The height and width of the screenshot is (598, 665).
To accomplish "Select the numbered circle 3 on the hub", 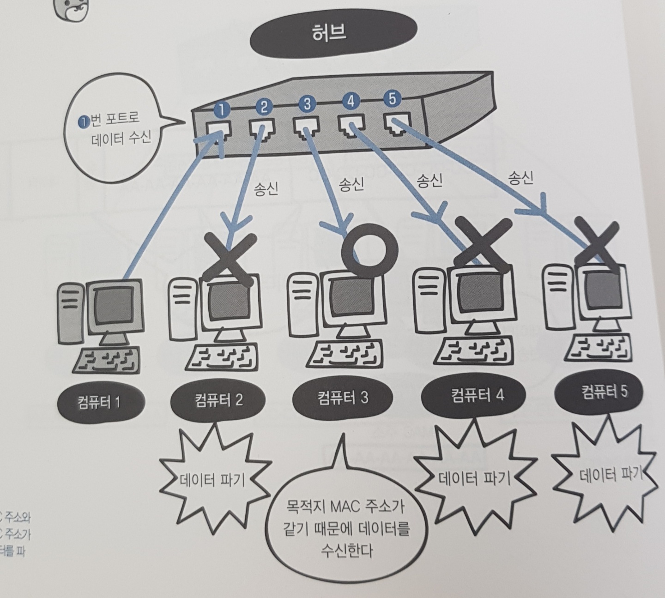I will [306, 103].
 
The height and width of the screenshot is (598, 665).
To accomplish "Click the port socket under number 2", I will [262, 128].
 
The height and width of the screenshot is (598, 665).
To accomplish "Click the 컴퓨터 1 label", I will [99, 401].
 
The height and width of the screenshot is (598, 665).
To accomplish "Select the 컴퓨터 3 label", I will [343, 397].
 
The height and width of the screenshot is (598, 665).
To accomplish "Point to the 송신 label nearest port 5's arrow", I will [521, 178].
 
